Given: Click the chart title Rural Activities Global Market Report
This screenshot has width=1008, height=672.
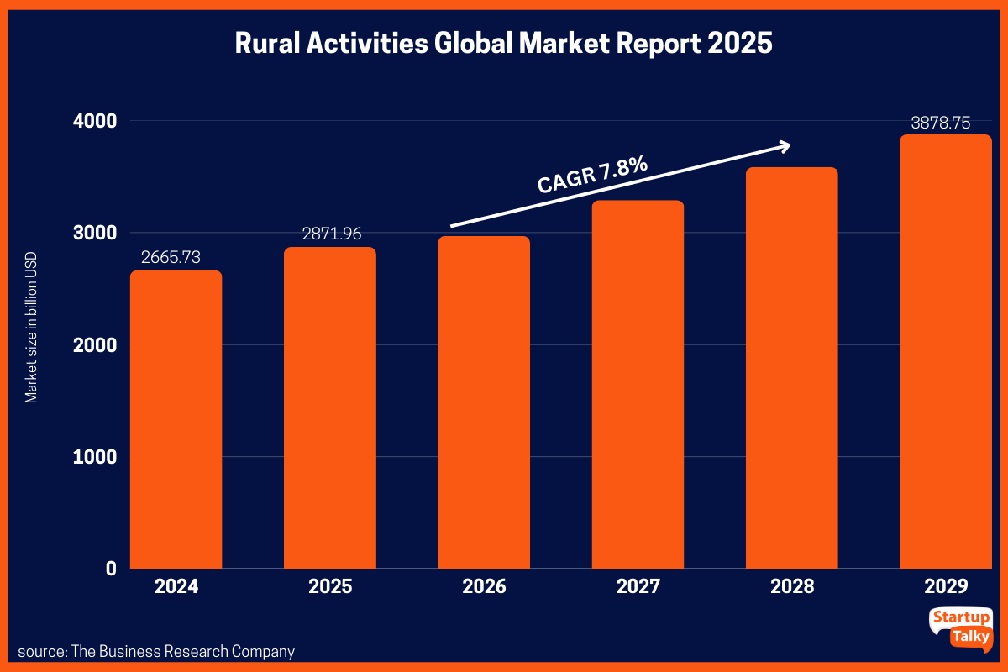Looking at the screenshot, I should pyautogui.click(x=503, y=44).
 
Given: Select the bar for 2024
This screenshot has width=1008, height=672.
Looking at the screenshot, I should pyautogui.click(x=176, y=420).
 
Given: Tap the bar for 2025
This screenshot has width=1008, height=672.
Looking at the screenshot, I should pyautogui.click(x=330, y=408).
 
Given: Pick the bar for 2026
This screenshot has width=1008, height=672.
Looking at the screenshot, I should pyautogui.click(x=484, y=403).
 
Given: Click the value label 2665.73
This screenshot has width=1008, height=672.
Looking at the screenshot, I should pyautogui.click(x=171, y=257).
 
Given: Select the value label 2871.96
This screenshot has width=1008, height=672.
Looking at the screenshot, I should pyautogui.click(x=332, y=234).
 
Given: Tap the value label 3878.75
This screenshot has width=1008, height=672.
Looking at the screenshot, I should pyautogui.click(x=941, y=123).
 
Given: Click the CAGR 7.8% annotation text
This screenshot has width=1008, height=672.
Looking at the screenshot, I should pyautogui.click(x=593, y=176).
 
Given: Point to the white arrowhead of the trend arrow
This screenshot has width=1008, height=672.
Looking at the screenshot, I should pyautogui.click(x=785, y=146).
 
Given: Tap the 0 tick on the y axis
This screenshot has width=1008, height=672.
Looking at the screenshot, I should pyautogui.click(x=111, y=569).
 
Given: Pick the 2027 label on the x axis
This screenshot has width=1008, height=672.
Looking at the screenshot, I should pyautogui.click(x=638, y=586).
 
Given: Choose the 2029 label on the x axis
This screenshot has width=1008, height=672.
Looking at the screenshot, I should pyautogui.click(x=946, y=586).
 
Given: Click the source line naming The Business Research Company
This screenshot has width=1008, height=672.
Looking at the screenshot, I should pyautogui.click(x=156, y=651).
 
